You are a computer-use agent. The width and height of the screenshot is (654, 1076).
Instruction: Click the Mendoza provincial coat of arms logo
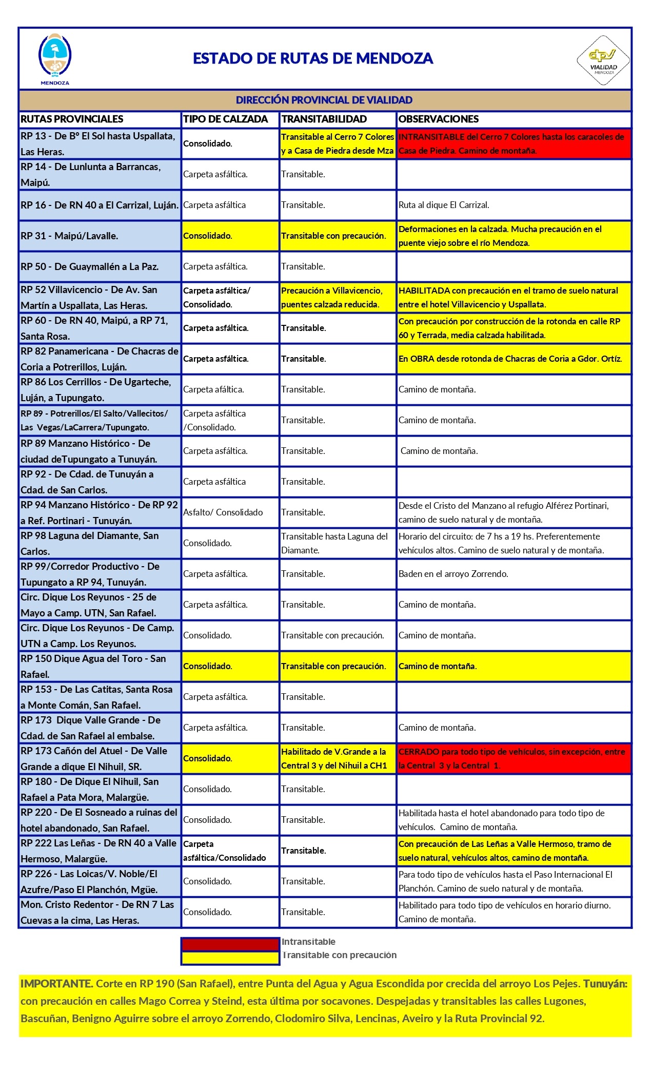55,58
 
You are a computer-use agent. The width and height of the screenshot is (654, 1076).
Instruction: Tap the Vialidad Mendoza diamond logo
603,60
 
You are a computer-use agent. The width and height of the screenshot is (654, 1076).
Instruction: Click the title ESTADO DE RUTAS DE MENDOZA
313,58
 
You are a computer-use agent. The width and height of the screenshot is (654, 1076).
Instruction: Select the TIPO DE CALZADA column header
226,119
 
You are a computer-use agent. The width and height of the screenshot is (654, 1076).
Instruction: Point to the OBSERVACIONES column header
439,119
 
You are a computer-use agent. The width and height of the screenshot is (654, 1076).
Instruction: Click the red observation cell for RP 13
513,144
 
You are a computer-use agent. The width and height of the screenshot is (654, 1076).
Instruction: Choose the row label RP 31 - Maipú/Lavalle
70,236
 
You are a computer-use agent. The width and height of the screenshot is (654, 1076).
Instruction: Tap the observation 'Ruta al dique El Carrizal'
444,205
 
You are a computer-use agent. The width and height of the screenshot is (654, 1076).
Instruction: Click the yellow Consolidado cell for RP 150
208,666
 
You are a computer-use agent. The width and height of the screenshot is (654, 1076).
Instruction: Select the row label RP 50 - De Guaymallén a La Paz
90,266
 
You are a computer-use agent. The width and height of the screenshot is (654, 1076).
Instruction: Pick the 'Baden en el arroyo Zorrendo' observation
453,574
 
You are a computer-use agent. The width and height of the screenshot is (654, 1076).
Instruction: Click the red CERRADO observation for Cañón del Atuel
513,759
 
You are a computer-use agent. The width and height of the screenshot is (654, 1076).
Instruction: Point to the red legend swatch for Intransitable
230,944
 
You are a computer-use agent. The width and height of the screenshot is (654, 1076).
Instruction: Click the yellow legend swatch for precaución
230,958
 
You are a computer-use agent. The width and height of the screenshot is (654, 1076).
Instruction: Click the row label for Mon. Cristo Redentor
97,912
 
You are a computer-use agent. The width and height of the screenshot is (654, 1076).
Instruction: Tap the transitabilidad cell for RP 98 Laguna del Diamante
334,543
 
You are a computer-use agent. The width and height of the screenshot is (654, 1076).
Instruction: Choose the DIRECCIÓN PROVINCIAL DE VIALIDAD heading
324,100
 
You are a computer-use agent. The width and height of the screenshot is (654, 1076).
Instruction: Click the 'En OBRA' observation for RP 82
510,359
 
